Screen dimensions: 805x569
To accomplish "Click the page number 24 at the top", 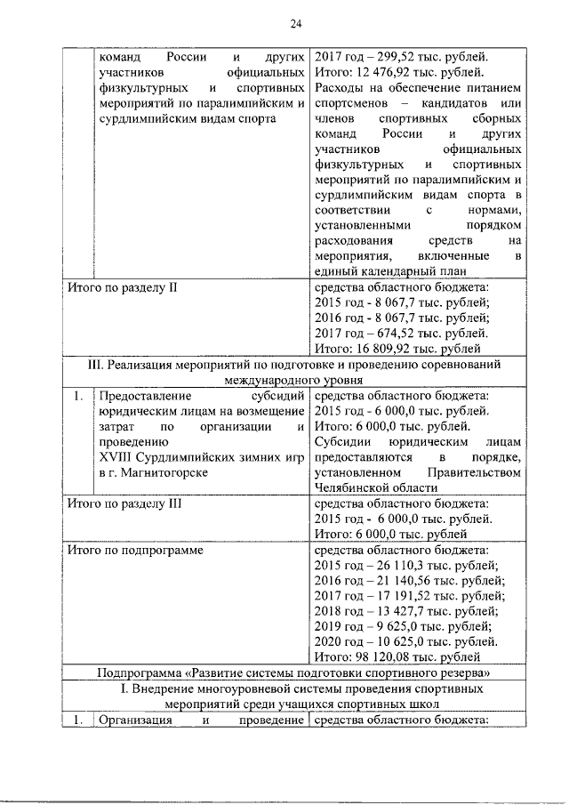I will coord(295,23).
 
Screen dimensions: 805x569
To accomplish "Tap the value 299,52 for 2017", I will coord(390,56).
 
